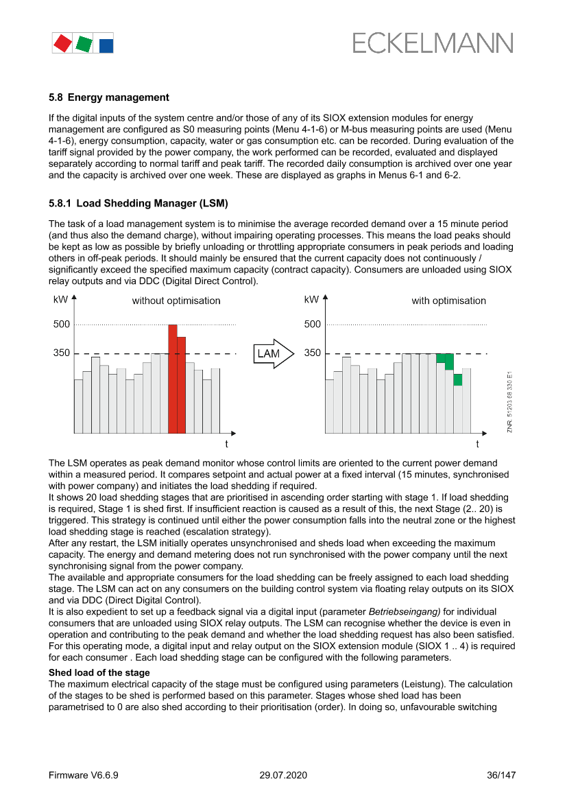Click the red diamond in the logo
(62, 44)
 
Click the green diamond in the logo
(84, 44)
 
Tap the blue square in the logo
(106, 46)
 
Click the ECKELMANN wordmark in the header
(433, 43)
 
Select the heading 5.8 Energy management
(109, 97)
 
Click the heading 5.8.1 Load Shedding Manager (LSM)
(138, 204)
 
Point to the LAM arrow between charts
(272, 354)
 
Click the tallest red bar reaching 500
(173, 379)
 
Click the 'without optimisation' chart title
(176, 300)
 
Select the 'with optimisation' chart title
(448, 300)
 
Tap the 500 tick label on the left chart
(62, 325)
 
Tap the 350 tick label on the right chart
(313, 353)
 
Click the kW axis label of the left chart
(60, 300)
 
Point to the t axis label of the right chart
(477, 443)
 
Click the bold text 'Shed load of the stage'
(99, 672)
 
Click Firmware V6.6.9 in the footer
(84, 775)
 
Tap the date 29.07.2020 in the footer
(283, 775)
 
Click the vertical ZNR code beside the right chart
(510, 401)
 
